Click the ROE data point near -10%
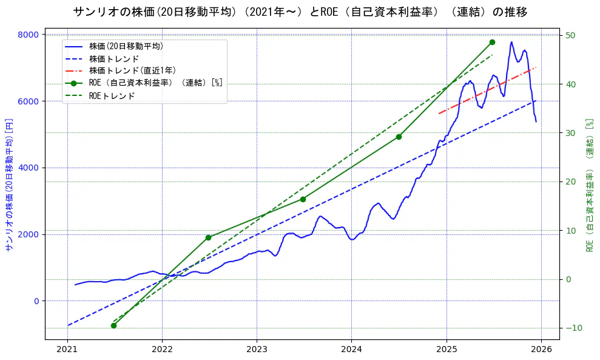coord(113,325)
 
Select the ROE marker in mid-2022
coord(208,237)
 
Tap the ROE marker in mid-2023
coord(303,199)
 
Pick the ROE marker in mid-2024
coord(399,137)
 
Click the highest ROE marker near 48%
coord(492,42)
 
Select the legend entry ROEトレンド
coord(112,95)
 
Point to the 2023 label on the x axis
coord(257,350)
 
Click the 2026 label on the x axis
coord(541,350)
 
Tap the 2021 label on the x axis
coord(67,350)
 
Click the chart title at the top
coord(300,12)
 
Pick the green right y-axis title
coord(589,186)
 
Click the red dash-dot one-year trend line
coord(485,90)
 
